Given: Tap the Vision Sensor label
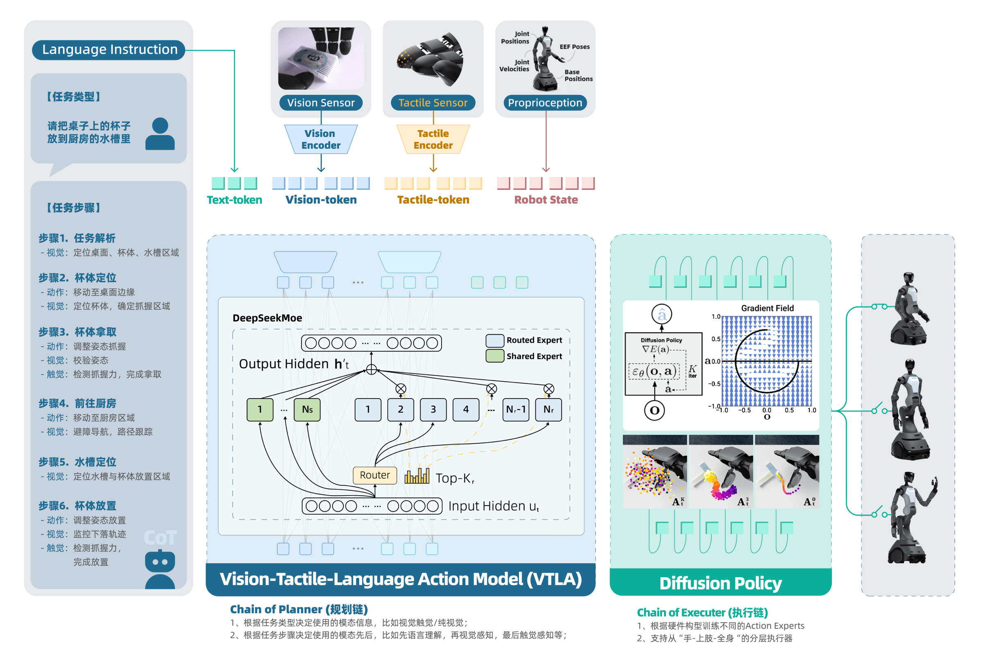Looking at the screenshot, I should coord(321,102).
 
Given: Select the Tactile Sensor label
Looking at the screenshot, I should coord(433,102).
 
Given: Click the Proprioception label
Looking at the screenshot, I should coord(545,102).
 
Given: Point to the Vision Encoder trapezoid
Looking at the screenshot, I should coord(321,139).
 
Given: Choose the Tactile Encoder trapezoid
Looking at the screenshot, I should coord(433,139).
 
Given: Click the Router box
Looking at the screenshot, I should coord(375,475).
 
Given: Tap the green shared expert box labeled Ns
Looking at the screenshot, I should coord(307,410).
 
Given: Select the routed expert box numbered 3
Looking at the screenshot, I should coord(433,410).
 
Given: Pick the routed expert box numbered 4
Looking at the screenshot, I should coord(466,410).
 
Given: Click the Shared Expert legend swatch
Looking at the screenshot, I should coord(495,356).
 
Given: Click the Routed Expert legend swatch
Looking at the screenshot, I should coord(495,340).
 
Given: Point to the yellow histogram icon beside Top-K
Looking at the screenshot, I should coord(417,476).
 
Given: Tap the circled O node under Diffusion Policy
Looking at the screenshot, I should coord(654,410).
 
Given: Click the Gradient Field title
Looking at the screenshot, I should coord(767,308).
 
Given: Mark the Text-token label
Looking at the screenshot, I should coord(234,200).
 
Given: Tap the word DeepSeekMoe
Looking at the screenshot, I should coord(267,318).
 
